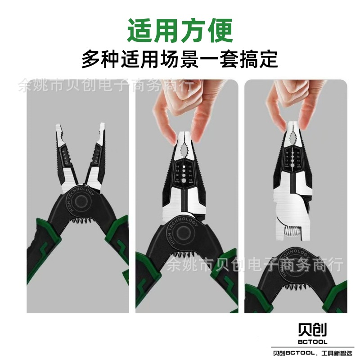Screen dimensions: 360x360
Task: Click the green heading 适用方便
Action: click(180, 30)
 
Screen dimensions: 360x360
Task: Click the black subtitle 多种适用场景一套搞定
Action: click(180, 59)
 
